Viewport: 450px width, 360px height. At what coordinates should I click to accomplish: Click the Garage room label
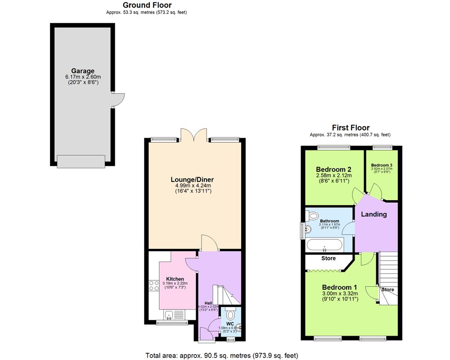click(x=83, y=71)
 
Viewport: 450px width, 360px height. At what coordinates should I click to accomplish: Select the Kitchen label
click(x=175, y=279)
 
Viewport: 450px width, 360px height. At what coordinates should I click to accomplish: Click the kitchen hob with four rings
click(x=153, y=286)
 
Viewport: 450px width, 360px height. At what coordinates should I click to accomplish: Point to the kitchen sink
click(x=170, y=315)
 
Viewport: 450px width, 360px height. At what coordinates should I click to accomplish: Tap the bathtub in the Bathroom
click(x=324, y=246)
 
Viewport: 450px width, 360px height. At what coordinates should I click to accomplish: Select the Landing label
click(x=374, y=214)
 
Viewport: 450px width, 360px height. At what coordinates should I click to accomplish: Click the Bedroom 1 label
click(x=339, y=287)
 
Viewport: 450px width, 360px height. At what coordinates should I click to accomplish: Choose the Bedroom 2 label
click(x=333, y=169)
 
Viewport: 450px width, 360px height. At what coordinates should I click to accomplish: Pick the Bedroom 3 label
click(x=382, y=165)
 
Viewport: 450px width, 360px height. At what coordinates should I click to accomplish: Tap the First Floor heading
click(x=351, y=128)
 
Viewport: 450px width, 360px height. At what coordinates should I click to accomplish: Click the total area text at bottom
click(x=221, y=355)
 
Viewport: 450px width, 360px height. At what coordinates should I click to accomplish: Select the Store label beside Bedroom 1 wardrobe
click(x=328, y=259)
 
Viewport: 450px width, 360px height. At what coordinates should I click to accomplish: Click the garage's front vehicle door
click(x=81, y=161)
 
